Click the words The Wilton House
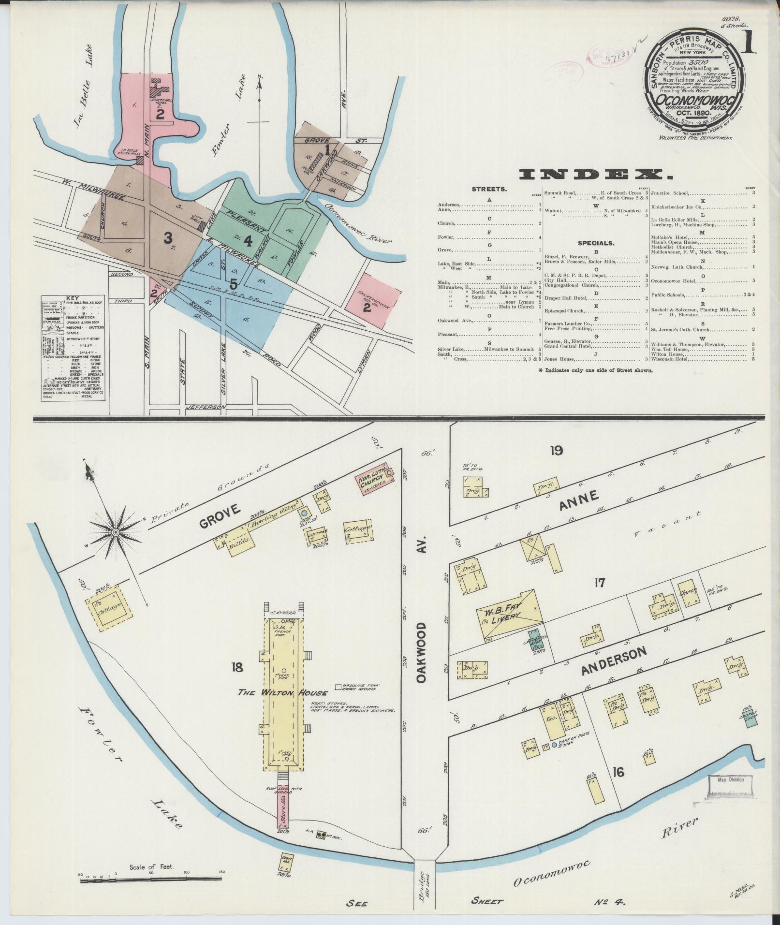[282, 692]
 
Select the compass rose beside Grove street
[116, 532]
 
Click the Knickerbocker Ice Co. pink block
[373, 298]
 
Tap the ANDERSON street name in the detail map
[614, 661]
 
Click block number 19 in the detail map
[556, 451]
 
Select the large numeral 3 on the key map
[168, 238]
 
